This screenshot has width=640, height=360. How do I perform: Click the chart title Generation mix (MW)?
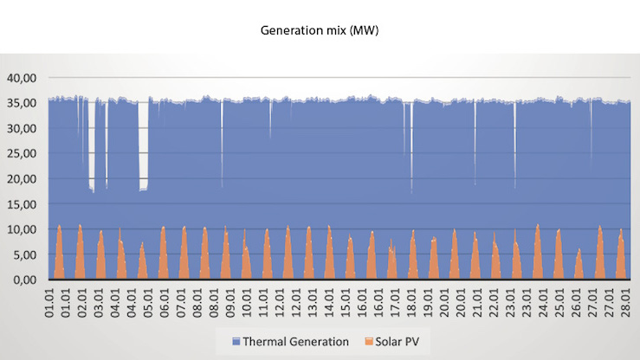click(320, 30)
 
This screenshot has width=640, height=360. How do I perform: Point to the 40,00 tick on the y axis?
click(23, 78)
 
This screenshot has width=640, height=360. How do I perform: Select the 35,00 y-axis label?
click(23, 103)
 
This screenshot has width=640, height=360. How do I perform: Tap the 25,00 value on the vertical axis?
click(23, 154)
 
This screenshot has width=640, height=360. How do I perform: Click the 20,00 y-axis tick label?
click(23, 179)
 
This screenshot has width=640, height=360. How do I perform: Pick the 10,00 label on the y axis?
click(23, 229)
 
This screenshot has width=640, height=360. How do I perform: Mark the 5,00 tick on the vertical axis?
click(25, 255)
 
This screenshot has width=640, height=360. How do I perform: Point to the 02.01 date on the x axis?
click(83, 305)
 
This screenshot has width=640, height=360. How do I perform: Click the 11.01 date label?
click(263, 305)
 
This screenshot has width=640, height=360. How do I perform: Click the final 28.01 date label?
click(625, 305)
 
